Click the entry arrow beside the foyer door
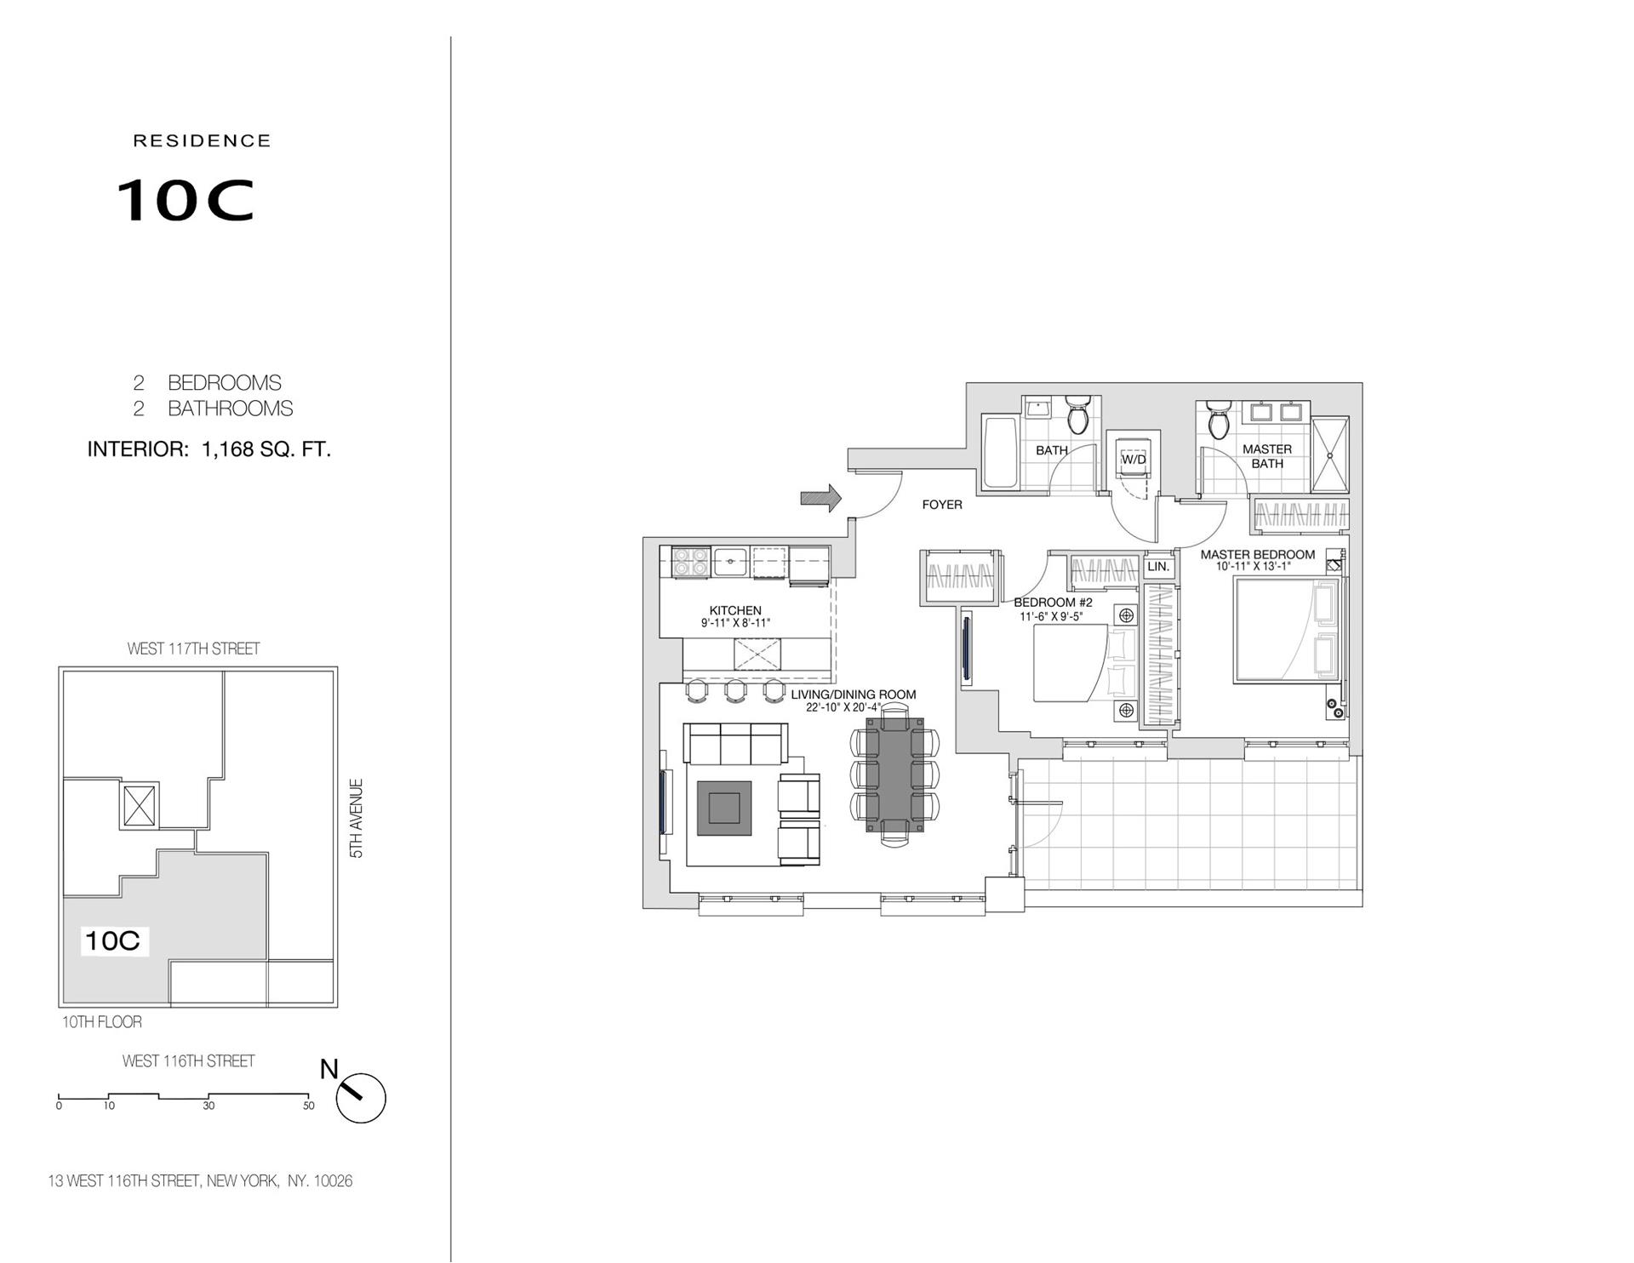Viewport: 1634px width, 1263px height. point(820,498)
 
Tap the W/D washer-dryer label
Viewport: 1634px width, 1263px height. point(1134,460)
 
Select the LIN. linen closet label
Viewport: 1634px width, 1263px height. point(1158,567)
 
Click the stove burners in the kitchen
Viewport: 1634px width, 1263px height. point(690,563)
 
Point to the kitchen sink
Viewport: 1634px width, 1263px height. point(730,561)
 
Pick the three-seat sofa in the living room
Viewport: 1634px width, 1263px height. point(736,745)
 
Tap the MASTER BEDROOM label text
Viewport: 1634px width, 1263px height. point(1257,555)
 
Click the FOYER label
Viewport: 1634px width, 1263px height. point(942,505)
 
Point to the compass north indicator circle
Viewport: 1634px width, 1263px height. point(361,1099)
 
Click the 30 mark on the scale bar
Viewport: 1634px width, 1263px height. point(209,1106)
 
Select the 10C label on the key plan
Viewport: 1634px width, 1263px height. point(112,940)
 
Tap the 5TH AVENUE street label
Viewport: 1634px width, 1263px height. point(357,818)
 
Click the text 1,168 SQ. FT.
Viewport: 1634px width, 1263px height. point(266,449)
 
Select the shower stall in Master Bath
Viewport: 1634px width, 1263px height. point(1329,454)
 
